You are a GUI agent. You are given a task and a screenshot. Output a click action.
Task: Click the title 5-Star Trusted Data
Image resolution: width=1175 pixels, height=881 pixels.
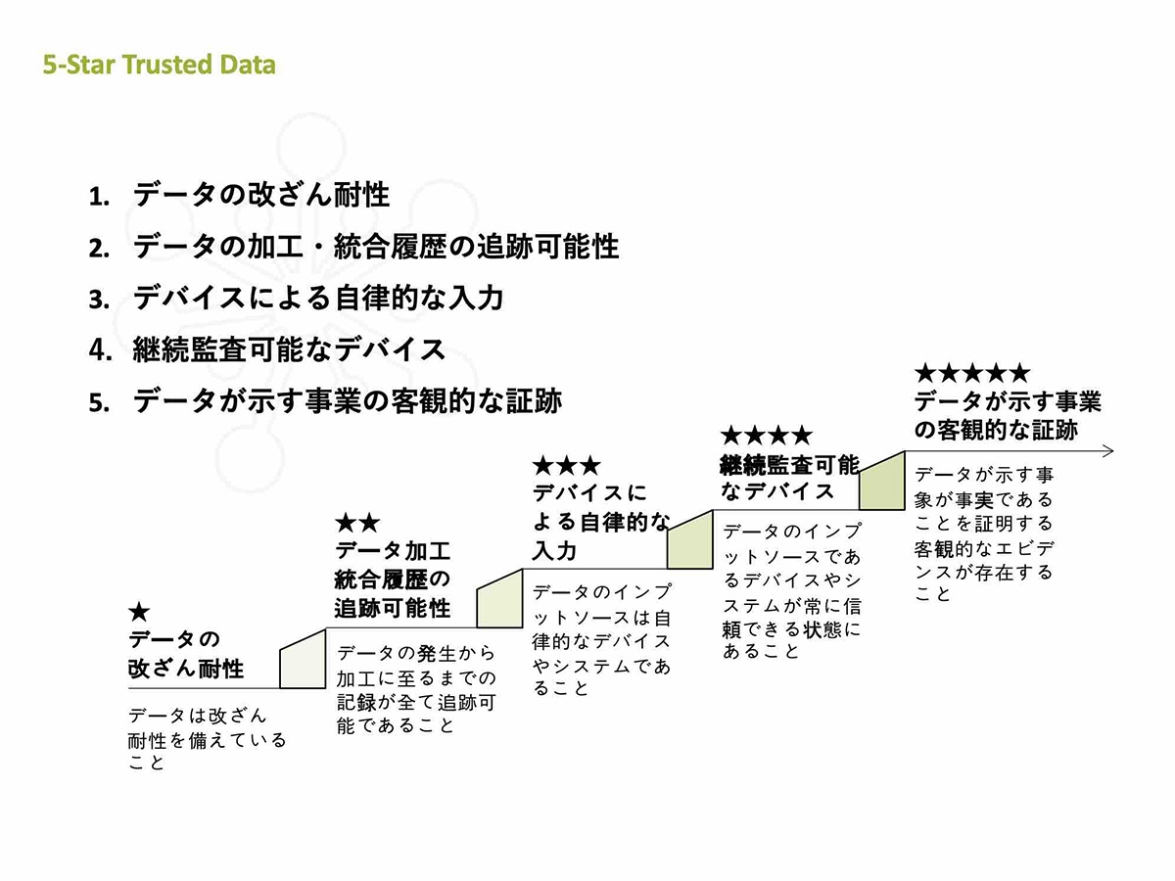click(x=159, y=65)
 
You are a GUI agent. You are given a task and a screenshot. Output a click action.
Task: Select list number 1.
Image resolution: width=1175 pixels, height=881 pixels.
click(x=99, y=197)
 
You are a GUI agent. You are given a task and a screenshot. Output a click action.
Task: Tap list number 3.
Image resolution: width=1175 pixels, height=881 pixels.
click(x=99, y=300)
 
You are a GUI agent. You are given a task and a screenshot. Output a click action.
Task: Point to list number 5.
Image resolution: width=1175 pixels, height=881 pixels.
click(x=99, y=402)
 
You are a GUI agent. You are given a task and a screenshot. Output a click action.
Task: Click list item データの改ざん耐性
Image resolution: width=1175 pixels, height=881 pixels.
click(x=261, y=195)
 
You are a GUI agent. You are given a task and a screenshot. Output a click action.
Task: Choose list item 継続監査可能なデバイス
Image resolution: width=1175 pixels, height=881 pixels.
click(x=289, y=349)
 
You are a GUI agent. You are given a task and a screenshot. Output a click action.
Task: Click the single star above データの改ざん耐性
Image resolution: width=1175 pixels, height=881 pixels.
click(x=139, y=612)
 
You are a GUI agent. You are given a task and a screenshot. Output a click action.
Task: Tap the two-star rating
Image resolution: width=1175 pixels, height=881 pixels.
click(x=358, y=523)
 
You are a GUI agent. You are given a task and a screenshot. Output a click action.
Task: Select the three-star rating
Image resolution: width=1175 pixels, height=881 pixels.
click(x=567, y=466)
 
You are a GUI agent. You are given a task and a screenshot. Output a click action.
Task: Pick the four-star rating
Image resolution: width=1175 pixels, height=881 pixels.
click(x=767, y=436)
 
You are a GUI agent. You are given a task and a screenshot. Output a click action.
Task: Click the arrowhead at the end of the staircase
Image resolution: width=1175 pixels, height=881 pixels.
click(x=1108, y=451)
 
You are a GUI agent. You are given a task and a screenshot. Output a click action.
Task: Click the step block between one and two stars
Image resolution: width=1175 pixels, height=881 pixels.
click(x=303, y=659)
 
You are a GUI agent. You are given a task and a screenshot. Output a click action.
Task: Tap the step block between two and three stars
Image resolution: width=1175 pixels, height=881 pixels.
click(x=499, y=598)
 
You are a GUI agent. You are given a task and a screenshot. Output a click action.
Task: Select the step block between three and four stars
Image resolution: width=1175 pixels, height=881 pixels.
click(x=690, y=539)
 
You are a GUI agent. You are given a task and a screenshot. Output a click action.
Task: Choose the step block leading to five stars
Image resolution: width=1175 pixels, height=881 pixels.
click(x=882, y=481)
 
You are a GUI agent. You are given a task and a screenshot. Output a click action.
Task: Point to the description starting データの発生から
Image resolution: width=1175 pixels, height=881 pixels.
click(x=416, y=689)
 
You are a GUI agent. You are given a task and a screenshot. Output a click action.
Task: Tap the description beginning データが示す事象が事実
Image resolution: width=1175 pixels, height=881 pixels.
click(x=984, y=534)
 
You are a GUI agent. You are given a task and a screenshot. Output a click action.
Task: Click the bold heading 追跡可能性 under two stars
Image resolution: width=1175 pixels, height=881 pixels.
click(x=393, y=608)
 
